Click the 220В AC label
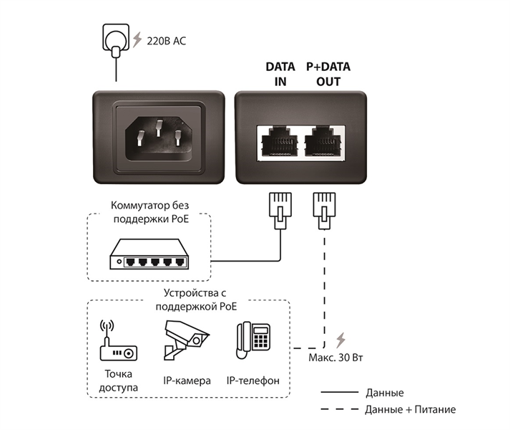(166, 42)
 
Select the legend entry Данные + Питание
(410, 409)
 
